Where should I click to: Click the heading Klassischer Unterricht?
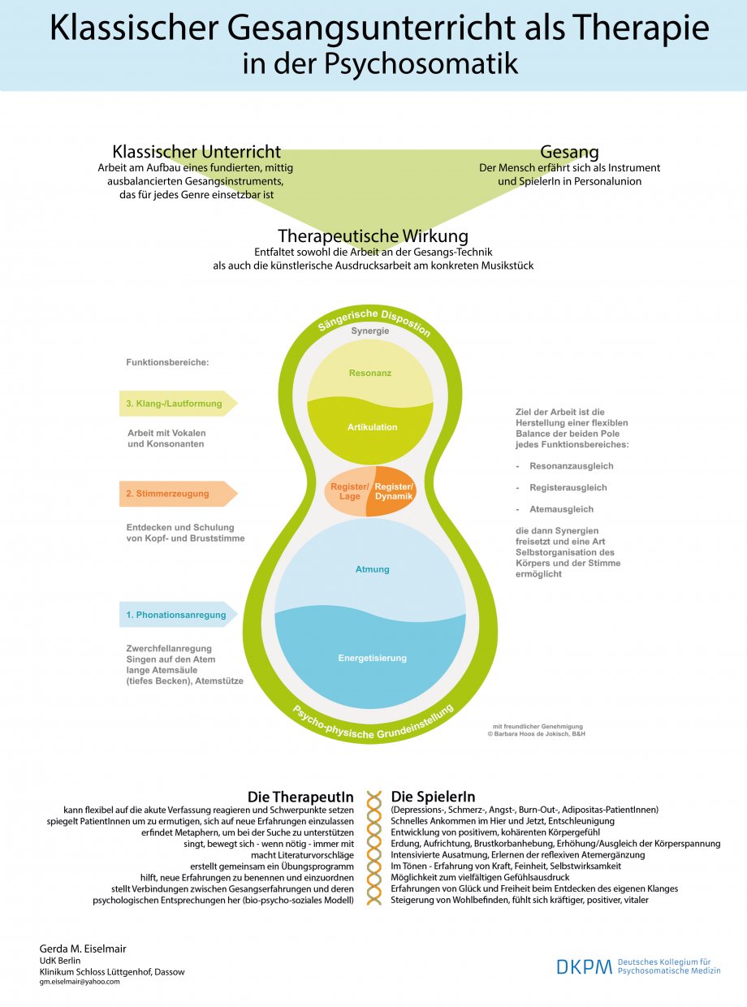pos(196,152)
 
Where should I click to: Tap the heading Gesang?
pos(569,152)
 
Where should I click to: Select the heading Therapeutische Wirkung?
pos(373,236)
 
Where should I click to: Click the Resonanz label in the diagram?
pos(370,374)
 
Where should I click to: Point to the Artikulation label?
pos(372,427)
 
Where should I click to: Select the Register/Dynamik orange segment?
pos(394,491)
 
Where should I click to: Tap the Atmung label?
pos(372,569)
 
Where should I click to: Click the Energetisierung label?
pos(372,658)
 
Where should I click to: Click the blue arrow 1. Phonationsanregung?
pos(177,615)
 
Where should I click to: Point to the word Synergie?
pos(370,331)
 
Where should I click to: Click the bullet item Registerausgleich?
pos(568,487)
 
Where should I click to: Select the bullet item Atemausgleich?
pos(561,509)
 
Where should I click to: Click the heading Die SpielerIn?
pos(433,797)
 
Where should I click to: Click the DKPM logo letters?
pos(584,966)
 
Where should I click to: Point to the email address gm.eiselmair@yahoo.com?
pos(80,982)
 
